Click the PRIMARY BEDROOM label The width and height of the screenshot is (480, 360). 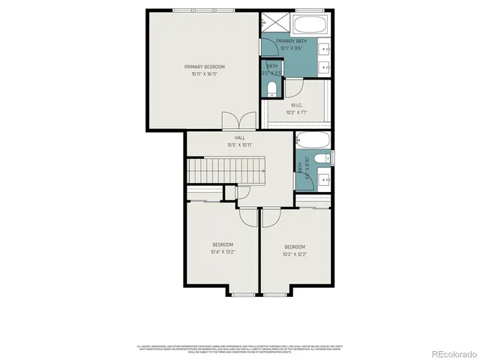[204, 67]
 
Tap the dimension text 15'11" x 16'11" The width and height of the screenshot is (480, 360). [204, 74]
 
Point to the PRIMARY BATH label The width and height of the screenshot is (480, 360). [291, 41]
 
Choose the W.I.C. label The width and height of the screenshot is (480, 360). [295, 105]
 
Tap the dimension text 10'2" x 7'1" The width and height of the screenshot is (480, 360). [295, 112]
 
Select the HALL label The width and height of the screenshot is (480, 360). [239, 138]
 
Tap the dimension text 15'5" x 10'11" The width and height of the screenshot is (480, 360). [239, 145]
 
